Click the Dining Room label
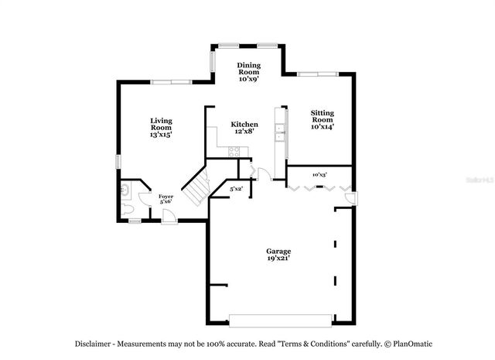pyautogui.click(x=247, y=68)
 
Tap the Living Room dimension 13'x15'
pyautogui.click(x=161, y=135)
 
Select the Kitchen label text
pyautogui.click(x=244, y=125)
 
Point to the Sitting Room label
pyautogui.click(x=323, y=116)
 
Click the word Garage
pyautogui.click(x=278, y=252)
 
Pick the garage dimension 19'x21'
pyautogui.click(x=278, y=260)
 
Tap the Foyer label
pyautogui.click(x=166, y=197)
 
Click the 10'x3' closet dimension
pyautogui.click(x=319, y=175)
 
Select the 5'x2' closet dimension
pyautogui.click(x=237, y=189)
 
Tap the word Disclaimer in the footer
pyautogui.click(x=96, y=343)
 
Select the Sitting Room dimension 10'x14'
pyautogui.click(x=323, y=127)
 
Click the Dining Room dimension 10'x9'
pyautogui.click(x=247, y=78)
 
